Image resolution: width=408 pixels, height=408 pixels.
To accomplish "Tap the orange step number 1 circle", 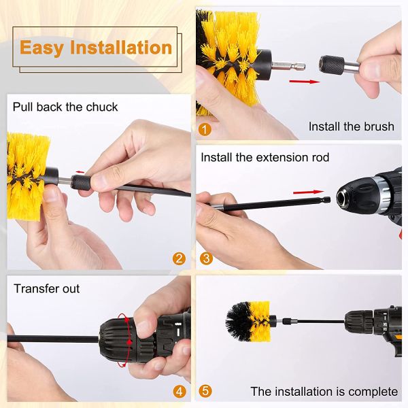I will [x=205, y=128].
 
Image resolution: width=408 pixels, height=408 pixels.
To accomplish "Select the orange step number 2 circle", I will [x=179, y=258].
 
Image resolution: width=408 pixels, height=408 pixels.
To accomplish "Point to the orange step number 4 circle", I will [x=179, y=391].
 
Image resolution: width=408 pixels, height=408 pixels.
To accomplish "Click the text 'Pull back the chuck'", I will [x=65, y=107].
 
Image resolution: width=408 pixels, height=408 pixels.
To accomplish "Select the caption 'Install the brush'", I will [x=351, y=126].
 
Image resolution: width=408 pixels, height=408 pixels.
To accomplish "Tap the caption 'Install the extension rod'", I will [x=265, y=157].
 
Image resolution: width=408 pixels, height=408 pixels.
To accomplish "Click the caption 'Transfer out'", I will [x=47, y=289].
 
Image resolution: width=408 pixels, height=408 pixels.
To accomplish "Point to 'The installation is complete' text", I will [x=324, y=391].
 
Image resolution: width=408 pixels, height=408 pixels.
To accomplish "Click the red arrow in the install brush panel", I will [x=303, y=81].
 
